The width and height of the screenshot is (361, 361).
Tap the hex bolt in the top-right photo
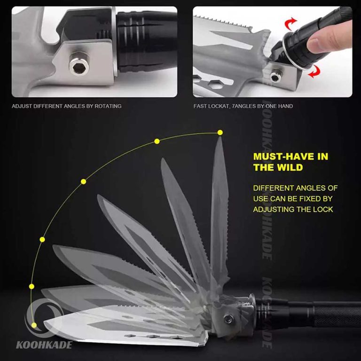pyautogui.click(x=276, y=77)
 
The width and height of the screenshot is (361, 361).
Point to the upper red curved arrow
pyautogui.click(x=290, y=23)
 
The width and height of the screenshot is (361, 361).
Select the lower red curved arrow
pyautogui.click(x=314, y=71)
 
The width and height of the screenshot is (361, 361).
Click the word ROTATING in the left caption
pyautogui.click(x=108, y=106)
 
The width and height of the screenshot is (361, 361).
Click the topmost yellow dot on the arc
pyautogui.click(x=220, y=133)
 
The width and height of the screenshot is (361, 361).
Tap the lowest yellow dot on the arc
pyautogui.click(x=34, y=325)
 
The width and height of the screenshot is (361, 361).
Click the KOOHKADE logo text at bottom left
pyautogui.click(x=44, y=345)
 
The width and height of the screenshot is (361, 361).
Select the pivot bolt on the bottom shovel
pyautogui.click(x=228, y=319)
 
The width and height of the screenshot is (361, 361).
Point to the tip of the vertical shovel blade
pyautogui.click(x=220, y=137)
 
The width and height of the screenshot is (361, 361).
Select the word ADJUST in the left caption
pyautogui.click(x=22, y=106)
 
